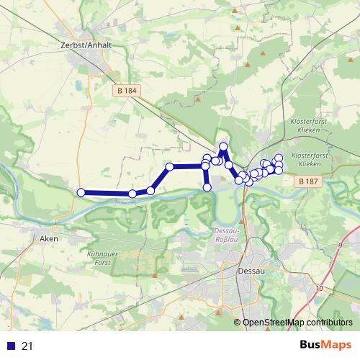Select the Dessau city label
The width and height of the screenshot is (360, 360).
click(248, 271)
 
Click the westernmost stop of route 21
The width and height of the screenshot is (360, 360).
click(81, 192)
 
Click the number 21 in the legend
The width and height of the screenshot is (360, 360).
click(28, 346)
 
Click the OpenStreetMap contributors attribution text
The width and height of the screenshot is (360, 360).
click(297, 323)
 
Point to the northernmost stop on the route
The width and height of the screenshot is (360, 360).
click(223, 147)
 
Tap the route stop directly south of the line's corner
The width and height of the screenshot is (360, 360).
click(207, 187)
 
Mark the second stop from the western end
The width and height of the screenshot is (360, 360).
click(132, 194)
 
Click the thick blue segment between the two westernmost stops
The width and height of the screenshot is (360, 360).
click(107, 193)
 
